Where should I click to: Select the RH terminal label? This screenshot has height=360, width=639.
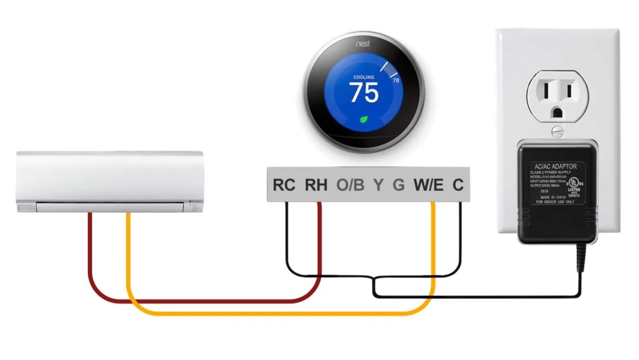click(316, 185)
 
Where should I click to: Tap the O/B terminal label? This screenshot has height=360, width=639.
click(350, 185)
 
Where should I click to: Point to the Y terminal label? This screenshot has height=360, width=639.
click(378, 185)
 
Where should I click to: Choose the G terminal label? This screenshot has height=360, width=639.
click(398, 185)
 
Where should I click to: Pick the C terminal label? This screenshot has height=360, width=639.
click(458, 185)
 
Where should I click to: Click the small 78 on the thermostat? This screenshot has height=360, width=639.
click(396, 80)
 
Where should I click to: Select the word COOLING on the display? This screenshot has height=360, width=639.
click(364, 77)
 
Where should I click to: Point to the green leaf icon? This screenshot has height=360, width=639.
click(364, 119)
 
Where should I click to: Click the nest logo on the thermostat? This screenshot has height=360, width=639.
click(364, 42)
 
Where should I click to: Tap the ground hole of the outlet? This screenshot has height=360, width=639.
click(558, 112)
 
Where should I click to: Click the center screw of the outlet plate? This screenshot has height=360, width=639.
click(558, 129)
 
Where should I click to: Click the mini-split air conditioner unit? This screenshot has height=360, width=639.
click(110, 181)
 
